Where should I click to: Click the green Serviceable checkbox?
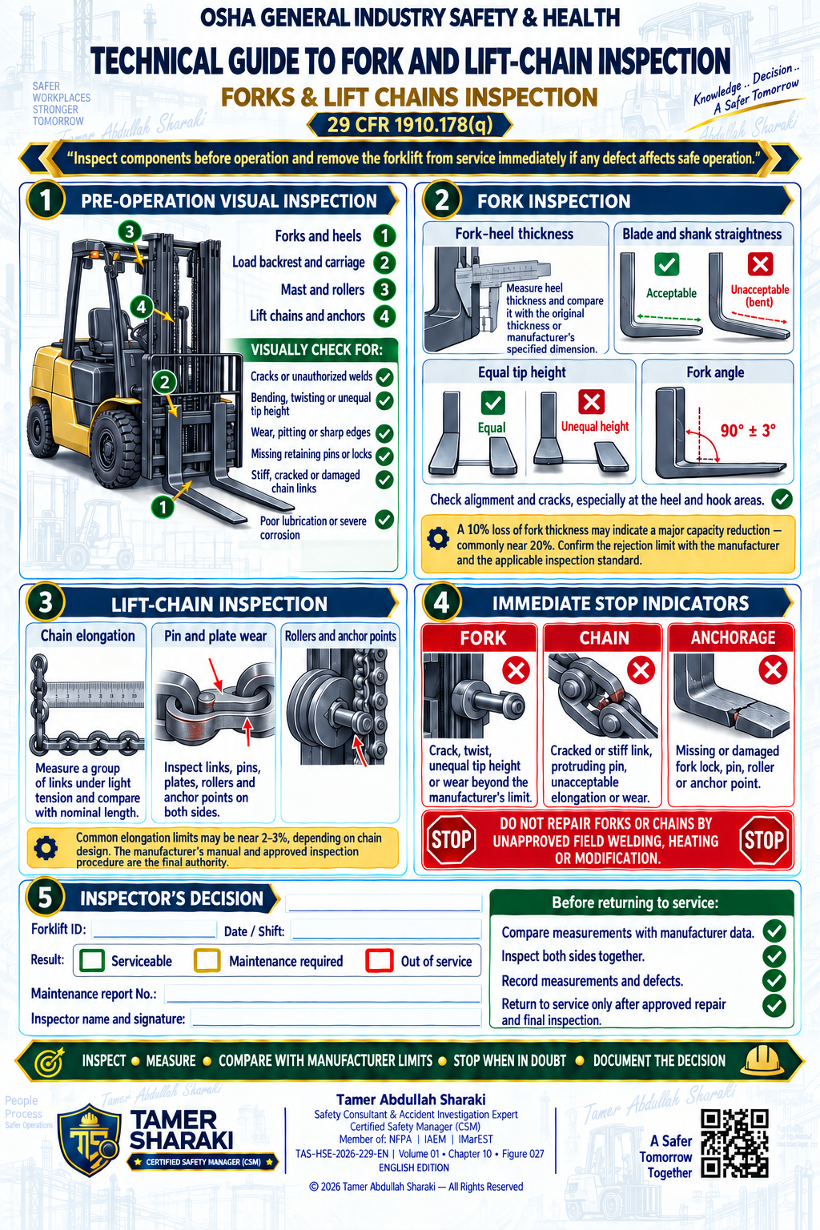point(92,960)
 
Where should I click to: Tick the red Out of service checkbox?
point(380,960)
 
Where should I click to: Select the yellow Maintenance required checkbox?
point(207,960)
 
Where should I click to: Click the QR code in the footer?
point(734,1144)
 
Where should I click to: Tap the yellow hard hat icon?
point(762,1059)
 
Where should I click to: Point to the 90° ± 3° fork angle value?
point(748,431)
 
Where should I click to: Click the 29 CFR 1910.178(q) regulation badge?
point(410,125)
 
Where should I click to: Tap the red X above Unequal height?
point(592,402)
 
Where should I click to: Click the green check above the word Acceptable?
point(667,264)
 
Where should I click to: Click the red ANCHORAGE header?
point(732,637)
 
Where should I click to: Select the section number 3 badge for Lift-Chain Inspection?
point(46,602)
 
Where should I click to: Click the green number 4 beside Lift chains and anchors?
point(384,316)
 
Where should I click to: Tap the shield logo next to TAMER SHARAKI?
point(89,1140)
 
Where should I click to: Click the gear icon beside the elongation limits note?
point(46,848)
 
